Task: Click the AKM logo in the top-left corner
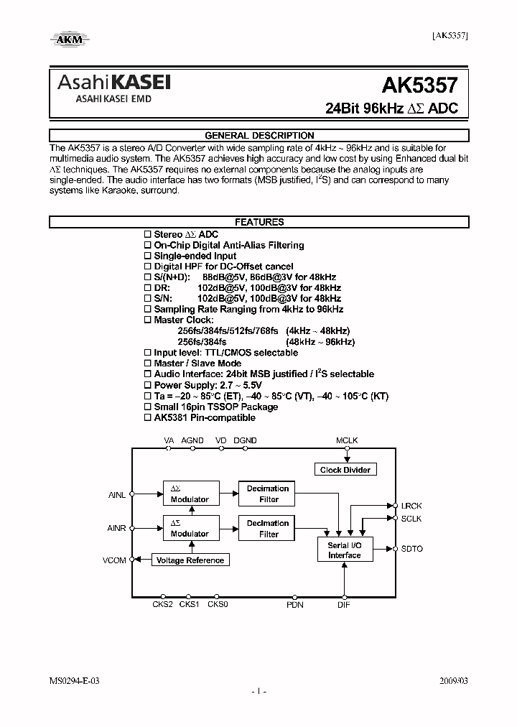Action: (69, 39)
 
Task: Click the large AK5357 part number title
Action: (419, 87)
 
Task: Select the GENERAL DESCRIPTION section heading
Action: (259, 135)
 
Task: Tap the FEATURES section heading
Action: (259, 222)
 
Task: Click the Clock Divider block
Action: (345, 470)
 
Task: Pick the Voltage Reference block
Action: (190, 560)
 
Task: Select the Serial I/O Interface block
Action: (345, 550)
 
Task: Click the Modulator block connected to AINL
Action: (190, 494)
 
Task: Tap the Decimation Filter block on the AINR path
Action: (268, 529)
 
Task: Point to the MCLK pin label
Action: (346, 440)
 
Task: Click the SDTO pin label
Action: (412, 549)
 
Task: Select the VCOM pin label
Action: (114, 560)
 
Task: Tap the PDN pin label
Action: (295, 605)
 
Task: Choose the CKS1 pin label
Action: (190, 605)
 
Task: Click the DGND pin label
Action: (245, 440)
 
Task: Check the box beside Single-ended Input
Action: (148, 256)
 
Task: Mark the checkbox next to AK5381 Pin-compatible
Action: (148, 417)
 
